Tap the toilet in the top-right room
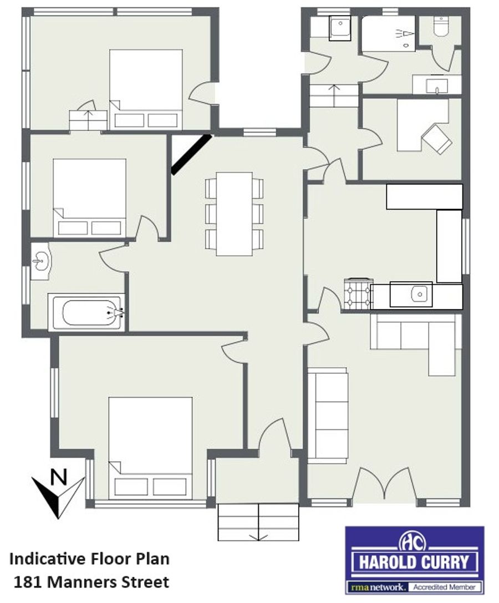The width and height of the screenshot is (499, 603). point(441,27)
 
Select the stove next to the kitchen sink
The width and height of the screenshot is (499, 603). point(358,294)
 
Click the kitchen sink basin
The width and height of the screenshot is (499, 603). point(419,295)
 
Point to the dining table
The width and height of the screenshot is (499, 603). point(234,214)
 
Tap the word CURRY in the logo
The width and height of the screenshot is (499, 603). point(445,563)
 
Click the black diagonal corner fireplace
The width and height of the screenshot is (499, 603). point(191,154)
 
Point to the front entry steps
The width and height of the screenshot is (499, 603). point(258,522)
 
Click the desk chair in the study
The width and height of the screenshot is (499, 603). point(437,139)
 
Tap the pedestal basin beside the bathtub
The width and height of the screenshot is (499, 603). point(40,261)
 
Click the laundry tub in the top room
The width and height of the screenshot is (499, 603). point(340,28)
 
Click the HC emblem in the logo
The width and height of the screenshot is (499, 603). point(414,542)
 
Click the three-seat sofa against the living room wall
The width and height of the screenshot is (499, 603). point(328,415)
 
